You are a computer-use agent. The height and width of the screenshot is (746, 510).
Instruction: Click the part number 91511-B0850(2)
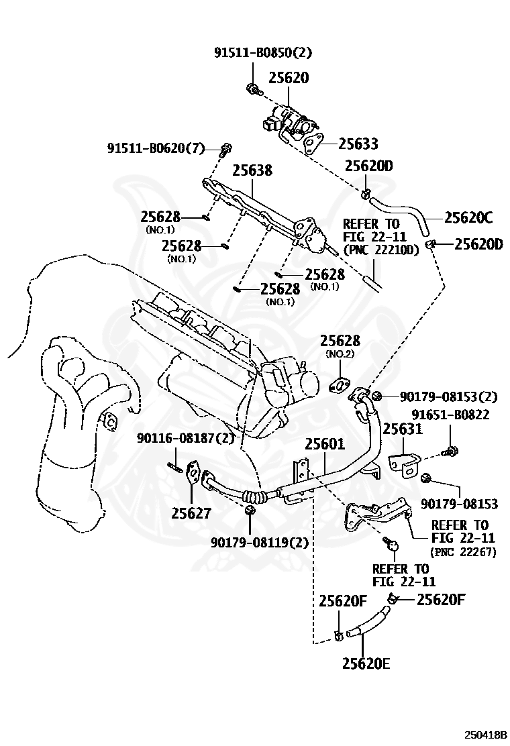point(262,52)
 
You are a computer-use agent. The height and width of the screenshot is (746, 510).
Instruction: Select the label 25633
point(358,144)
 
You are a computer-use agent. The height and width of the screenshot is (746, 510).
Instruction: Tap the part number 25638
point(252,170)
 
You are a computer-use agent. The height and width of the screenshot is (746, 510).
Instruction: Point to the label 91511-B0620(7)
point(156,149)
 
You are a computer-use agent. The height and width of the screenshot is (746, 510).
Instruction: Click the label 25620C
point(468,217)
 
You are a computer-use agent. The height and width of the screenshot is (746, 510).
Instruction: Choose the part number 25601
point(325,444)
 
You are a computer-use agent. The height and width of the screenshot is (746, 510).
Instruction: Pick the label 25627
point(191,513)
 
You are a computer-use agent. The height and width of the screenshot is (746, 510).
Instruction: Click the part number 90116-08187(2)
point(186,437)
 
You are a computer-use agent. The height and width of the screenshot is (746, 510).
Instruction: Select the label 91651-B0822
point(450,415)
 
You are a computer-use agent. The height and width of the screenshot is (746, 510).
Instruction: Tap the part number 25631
point(403,429)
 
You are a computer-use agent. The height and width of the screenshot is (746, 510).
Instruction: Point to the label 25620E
point(366,663)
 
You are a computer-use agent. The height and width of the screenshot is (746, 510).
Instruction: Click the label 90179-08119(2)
point(260,542)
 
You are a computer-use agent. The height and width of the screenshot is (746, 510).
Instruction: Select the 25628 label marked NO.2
point(340,341)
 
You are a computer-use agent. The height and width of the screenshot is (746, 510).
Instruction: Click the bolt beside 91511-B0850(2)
point(252,89)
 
